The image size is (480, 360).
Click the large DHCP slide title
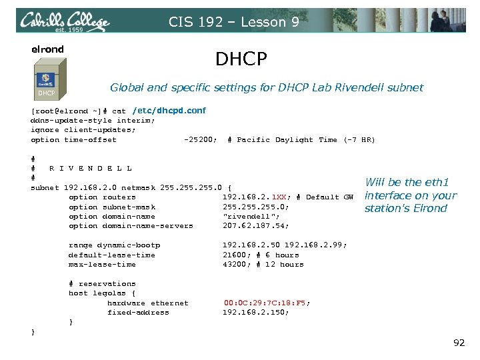(x=241, y=59)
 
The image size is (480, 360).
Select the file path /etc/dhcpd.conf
(x=169, y=110)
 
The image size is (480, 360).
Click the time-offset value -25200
(x=199, y=140)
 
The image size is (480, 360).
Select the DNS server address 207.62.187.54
(x=255, y=226)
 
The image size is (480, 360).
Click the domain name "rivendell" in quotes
(x=245, y=216)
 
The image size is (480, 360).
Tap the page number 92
(x=459, y=343)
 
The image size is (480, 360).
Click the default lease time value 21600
(x=234, y=255)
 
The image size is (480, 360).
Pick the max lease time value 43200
(x=234, y=265)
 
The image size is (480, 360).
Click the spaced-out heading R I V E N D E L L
(x=91, y=168)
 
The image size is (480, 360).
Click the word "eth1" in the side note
(x=437, y=182)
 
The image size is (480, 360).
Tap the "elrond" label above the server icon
(x=48, y=49)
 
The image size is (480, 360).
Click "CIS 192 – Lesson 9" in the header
(x=233, y=21)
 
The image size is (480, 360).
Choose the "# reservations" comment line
(x=101, y=283)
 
